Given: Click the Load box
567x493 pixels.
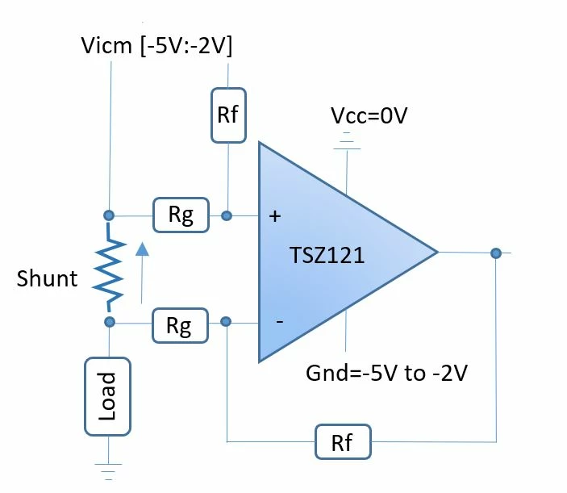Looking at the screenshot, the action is tap(107, 396).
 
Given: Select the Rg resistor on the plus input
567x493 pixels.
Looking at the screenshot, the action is tap(181, 215).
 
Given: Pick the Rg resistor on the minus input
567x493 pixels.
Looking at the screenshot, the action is tap(180, 325).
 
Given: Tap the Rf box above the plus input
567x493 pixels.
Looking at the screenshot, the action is tap(228, 115).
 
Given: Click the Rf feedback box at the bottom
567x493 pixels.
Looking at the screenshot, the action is tap(343, 442).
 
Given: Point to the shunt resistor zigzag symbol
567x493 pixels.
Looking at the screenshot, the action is tap(109, 268).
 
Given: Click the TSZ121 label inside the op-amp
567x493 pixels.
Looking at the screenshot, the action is tap(327, 255).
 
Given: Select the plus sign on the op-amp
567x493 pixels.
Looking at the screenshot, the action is tap(275, 216).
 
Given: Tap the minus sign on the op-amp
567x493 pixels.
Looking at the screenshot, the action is tap(280, 321).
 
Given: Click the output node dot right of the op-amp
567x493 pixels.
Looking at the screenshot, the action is tap(496, 253).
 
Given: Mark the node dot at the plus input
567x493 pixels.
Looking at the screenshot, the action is tap(227, 216).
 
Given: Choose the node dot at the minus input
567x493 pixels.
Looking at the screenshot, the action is tap(226, 322).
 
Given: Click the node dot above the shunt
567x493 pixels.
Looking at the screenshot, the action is tap(109, 215).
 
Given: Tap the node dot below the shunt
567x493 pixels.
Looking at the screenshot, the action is tap(109, 322).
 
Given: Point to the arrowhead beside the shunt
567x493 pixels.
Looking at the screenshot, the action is tap(142, 249).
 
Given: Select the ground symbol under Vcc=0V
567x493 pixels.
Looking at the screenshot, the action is tap(347, 140).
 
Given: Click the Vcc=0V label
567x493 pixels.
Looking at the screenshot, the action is tap(369, 115).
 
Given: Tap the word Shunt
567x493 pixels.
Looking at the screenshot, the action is tap(47, 278).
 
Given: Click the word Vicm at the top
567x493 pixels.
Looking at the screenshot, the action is tap(106, 45).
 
